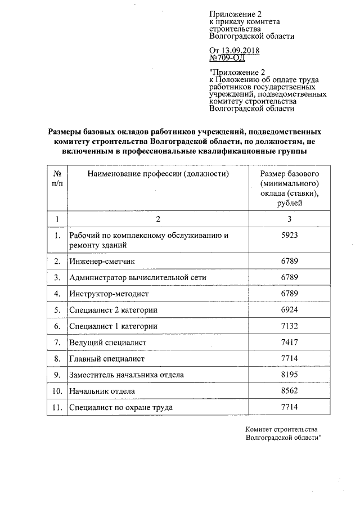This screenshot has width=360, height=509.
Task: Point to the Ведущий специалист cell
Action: coord(107,343)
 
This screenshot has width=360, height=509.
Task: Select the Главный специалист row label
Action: coord(107,359)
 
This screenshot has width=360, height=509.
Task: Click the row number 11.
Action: coord(56,407)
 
